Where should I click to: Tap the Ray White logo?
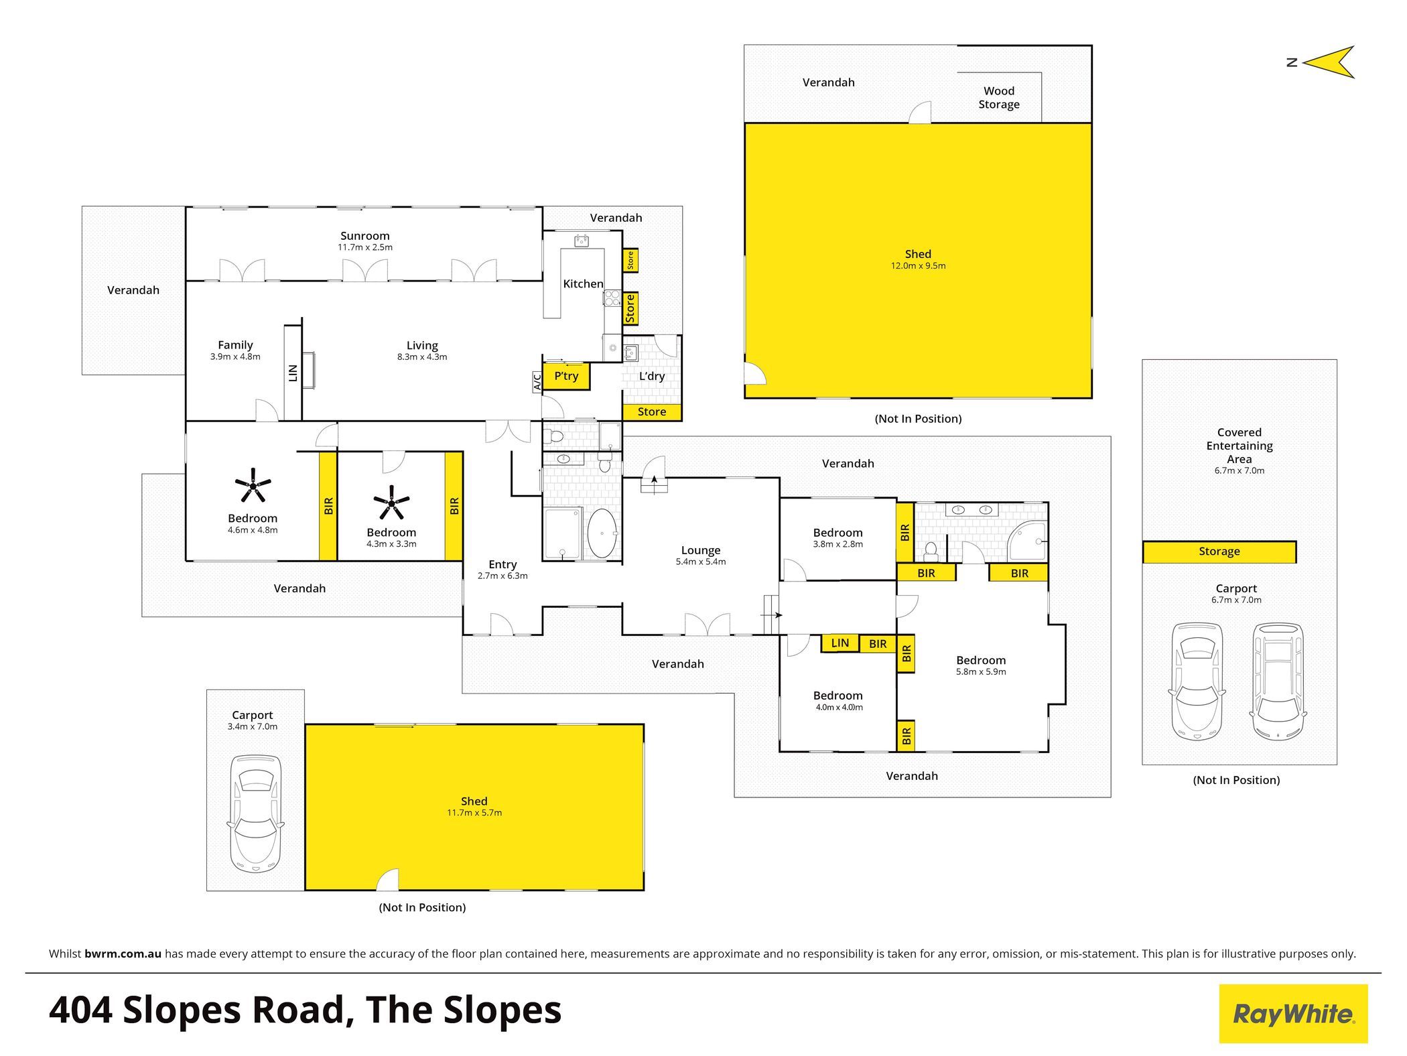pyautogui.click(x=1293, y=1013)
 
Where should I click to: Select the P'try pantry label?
pyautogui.click(x=566, y=376)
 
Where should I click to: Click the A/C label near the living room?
pyautogui.click(x=537, y=382)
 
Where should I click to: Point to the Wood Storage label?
pyautogui.click(x=999, y=98)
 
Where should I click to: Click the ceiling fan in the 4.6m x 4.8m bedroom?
pyautogui.click(x=253, y=484)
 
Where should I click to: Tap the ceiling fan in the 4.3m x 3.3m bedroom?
pyautogui.click(x=391, y=502)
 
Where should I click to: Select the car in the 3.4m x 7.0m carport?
pyautogui.click(x=256, y=813)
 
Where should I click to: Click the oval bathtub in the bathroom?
pyautogui.click(x=602, y=533)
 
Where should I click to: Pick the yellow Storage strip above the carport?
pyautogui.click(x=1219, y=551)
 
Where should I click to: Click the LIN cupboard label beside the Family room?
pyautogui.click(x=293, y=373)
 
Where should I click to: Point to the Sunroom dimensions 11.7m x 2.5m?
pyautogui.click(x=365, y=247)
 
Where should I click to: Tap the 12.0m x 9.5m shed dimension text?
pyautogui.click(x=918, y=265)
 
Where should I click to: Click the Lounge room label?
pyautogui.click(x=701, y=550)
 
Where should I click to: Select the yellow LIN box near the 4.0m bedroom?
pyautogui.click(x=840, y=643)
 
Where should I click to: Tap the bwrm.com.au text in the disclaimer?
pyautogui.click(x=123, y=953)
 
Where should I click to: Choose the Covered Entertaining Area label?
pyautogui.click(x=1239, y=446)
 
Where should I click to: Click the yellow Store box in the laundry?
pyautogui.click(x=652, y=412)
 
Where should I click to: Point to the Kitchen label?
pyautogui.click(x=583, y=284)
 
